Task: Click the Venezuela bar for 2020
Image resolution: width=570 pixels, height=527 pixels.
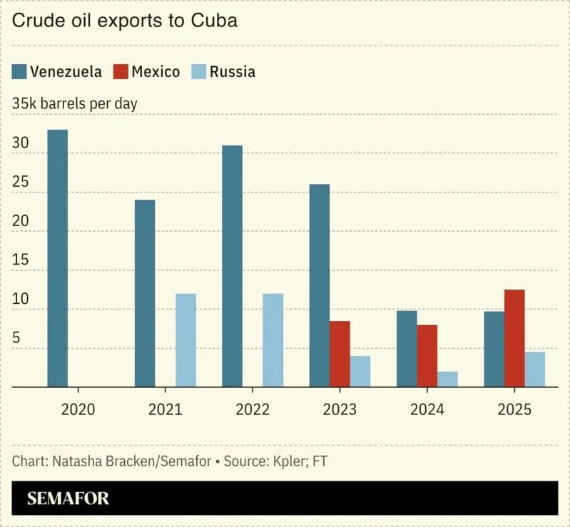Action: [58, 258]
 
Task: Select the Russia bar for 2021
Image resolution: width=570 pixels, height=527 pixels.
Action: [185, 340]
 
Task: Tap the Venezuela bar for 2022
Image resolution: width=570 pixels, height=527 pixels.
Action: [232, 266]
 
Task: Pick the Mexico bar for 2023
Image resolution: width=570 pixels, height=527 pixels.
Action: [340, 354]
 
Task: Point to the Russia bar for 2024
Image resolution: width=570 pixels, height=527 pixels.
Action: [447, 379]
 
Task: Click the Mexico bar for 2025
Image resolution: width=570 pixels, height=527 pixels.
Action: [514, 338]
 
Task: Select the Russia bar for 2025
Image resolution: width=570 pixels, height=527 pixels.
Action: [535, 369]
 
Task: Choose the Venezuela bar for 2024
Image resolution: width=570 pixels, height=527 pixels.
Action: [407, 349]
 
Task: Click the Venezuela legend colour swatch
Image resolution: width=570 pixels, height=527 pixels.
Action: [19, 71]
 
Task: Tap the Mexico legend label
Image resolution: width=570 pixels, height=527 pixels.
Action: [156, 71]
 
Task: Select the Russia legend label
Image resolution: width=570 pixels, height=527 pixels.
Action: [232, 71]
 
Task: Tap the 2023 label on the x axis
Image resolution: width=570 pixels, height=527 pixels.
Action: [340, 409]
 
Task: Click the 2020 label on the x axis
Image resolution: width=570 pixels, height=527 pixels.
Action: [78, 409]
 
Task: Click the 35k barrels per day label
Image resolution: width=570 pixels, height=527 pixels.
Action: [75, 103]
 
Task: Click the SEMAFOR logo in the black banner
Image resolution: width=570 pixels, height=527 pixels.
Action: [68, 498]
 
